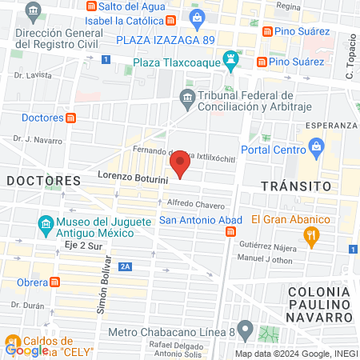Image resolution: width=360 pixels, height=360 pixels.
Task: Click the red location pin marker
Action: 181,165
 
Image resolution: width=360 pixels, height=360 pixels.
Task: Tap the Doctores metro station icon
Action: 71,118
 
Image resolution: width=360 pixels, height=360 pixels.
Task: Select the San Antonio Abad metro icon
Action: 230,232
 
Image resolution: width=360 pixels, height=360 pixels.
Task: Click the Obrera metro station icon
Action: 54,282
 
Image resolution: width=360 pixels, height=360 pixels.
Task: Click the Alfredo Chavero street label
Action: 196,204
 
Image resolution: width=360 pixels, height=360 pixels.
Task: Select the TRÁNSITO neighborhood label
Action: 297,186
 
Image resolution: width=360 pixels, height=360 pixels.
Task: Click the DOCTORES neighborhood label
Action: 44,181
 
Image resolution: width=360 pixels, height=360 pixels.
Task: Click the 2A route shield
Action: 124,266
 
